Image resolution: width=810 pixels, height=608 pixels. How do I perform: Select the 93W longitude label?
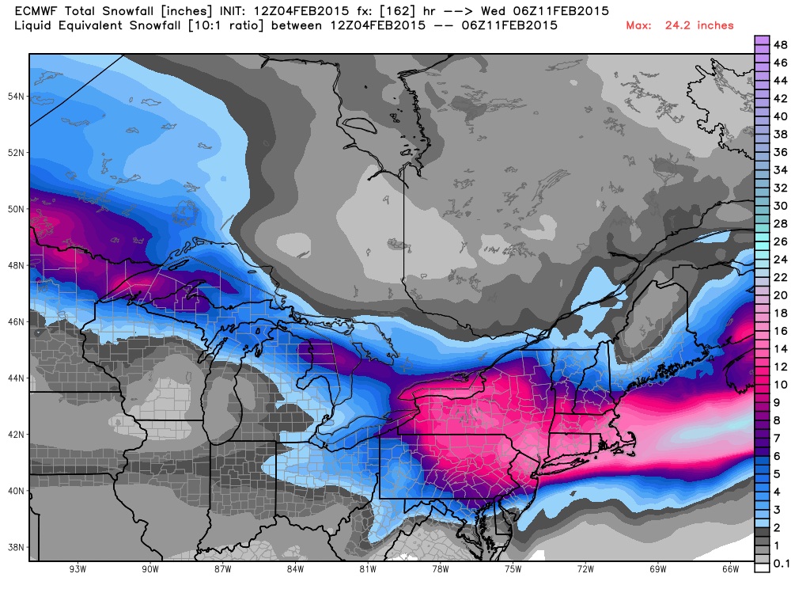77,570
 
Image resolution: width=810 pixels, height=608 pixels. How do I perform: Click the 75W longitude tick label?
513,570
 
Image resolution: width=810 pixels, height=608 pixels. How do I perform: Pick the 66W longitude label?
730,570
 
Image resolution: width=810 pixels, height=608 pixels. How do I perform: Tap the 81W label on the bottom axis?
367,570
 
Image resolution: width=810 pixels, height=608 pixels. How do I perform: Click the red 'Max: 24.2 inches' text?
679,25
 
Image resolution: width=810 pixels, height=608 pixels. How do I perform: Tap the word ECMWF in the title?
37,11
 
